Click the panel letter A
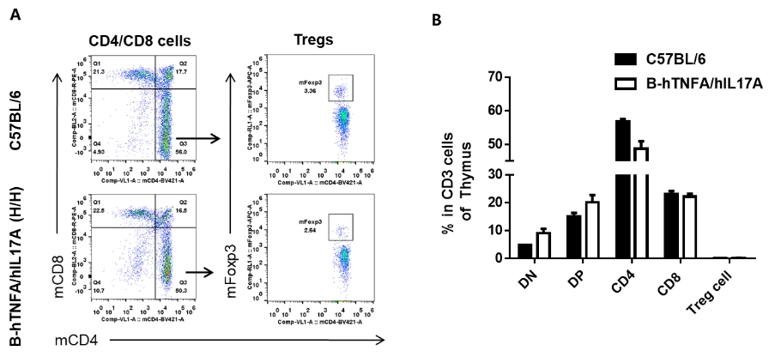[x=15, y=15]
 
